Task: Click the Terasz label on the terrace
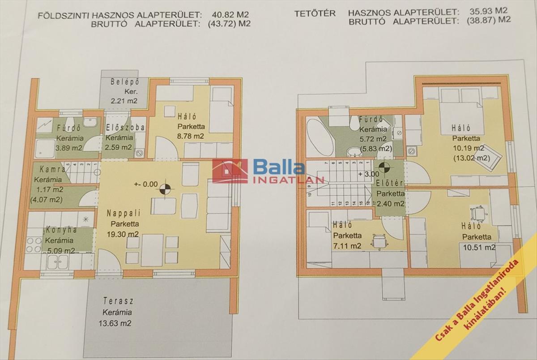pos(118,301)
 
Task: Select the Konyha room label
pos(60,230)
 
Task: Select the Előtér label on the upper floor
pos(389,184)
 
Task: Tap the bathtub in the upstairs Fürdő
pos(320,137)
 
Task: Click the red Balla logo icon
pos(230,171)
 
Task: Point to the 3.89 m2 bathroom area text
pos(68,147)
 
